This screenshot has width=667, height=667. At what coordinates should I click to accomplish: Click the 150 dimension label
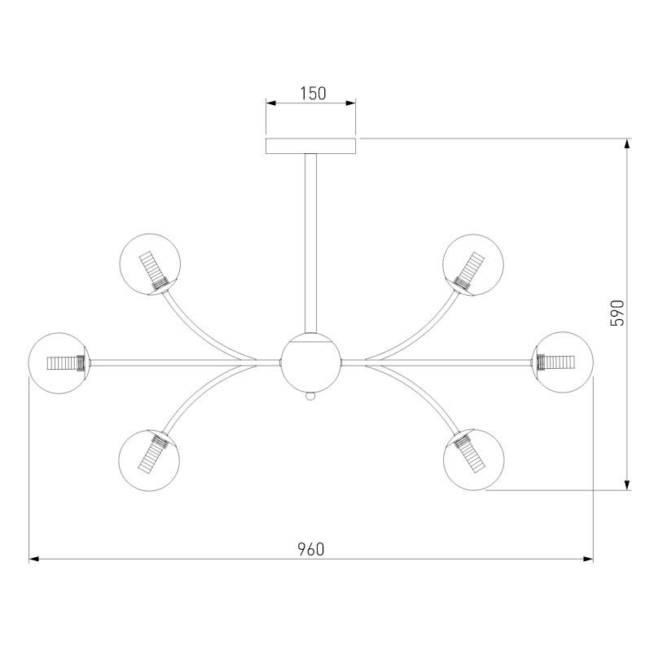coord(313,94)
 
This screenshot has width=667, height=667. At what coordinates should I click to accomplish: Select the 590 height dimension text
coord(617,313)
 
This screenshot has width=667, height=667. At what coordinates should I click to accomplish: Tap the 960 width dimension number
coord(311,549)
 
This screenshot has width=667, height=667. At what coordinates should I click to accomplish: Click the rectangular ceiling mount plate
coord(310,146)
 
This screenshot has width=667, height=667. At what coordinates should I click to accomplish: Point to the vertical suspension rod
coord(310,243)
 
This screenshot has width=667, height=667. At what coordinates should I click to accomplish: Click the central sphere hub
coord(310,362)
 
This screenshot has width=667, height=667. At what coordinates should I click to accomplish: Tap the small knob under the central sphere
coord(310,396)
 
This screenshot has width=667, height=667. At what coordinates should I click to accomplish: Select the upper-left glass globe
coord(150,264)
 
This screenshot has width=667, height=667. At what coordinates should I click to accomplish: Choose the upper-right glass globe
coord(473,265)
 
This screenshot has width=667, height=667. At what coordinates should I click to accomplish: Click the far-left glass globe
coord(59,363)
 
